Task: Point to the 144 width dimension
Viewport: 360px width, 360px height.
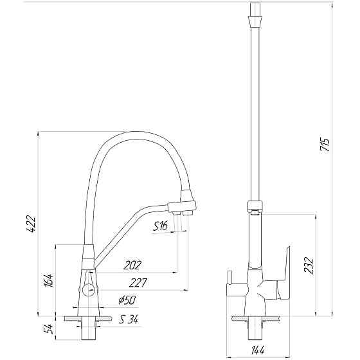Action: click(259, 351)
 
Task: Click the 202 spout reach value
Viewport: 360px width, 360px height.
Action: click(132, 265)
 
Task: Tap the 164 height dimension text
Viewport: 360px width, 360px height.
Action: click(51, 280)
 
